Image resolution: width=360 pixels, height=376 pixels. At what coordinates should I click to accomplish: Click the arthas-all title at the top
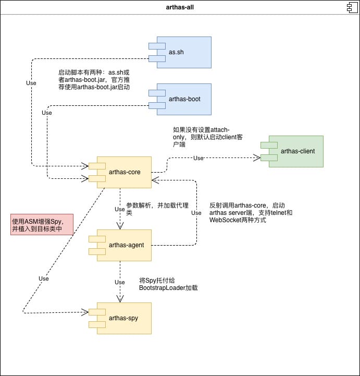pyautogui.click(x=180, y=7)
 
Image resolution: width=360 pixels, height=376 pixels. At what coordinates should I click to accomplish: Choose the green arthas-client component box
pyautogui.click(x=295, y=151)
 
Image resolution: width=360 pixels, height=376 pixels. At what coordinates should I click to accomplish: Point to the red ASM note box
pyautogui.click(x=42, y=224)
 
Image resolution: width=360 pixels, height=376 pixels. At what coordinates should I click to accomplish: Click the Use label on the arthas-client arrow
pyautogui.click(x=198, y=159)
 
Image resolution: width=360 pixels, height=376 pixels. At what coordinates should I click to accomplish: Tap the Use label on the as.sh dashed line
pyautogui.click(x=31, y=83)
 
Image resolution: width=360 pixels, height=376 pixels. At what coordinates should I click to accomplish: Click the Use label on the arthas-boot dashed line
pyautogui.click(x=47, y=113)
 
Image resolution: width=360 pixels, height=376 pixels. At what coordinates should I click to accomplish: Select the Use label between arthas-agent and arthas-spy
pyautogui.click(x=120, y=282)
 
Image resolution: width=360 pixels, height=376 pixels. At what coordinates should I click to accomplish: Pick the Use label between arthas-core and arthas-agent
pyautogui.click(x=120, y=209)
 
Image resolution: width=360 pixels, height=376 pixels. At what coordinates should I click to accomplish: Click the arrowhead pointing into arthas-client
pyautogui.click(x=257, y=156)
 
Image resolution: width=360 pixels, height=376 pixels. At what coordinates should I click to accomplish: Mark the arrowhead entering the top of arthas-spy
pyautogui.click(x=120, y=299)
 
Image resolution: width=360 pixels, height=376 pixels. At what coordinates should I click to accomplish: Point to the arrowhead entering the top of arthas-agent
pyautogui.click(x=120, y=226)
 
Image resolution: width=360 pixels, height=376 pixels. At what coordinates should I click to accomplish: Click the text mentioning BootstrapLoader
pyautogui.click(x=168, y=284)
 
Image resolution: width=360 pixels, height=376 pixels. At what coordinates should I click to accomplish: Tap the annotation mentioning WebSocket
pyautogui.click(x=247, y=213)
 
